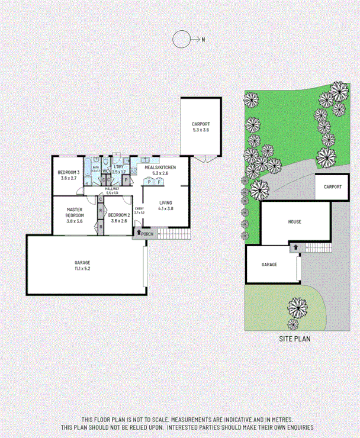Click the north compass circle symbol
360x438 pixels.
181,40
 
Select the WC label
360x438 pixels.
105,171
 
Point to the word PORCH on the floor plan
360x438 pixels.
147,233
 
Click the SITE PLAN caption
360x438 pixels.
294,339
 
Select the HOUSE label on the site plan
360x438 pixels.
294,222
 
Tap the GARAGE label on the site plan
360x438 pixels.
269,264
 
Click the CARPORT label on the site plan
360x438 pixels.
333,186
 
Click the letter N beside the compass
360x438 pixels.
202,40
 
